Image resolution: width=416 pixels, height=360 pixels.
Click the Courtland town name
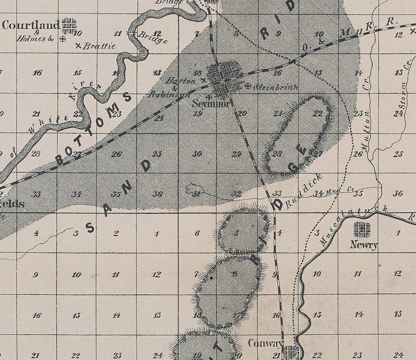30,25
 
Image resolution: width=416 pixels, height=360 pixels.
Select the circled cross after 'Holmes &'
62,39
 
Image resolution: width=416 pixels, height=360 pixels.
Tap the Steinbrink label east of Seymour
276,87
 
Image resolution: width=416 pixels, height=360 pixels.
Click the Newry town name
364,245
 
